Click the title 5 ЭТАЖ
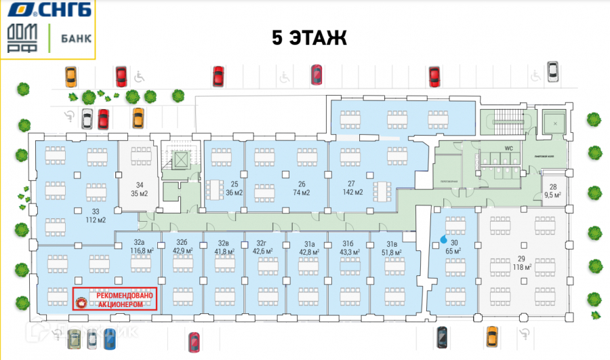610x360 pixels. (x=309, y=38)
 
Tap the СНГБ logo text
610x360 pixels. (x=62, y=10)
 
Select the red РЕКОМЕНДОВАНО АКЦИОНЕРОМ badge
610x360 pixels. (x=115, y=299)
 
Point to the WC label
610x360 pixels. (x=507, y=146)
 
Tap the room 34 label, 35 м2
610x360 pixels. (x=140, y=188)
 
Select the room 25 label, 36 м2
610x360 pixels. (x=234, y=188)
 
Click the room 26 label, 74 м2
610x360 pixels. (x=302, y=188)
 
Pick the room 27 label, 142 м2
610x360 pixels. (x=351, y=188)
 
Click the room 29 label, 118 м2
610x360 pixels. (x=521, y=264)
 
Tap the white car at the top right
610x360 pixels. (x=552, y=71)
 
